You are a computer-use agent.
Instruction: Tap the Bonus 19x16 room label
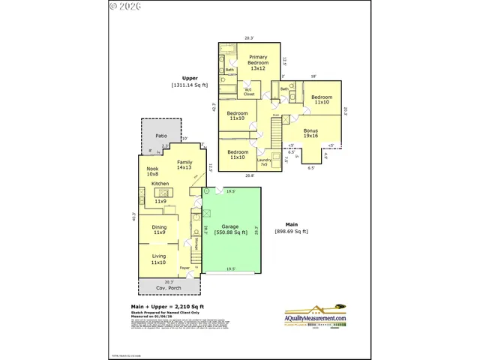(310, 133)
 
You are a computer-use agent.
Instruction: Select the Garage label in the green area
(229, 226)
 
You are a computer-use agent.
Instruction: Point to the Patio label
(160, 136)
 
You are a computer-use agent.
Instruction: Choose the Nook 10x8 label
(153, 171)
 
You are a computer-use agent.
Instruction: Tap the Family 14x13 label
(184, 165)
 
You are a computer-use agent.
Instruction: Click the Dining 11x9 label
(159, 229)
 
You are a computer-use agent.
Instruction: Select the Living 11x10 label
(158, 259)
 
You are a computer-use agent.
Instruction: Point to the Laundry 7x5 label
(263, 161)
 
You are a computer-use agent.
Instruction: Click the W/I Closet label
(249, 93)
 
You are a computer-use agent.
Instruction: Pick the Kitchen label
(160, 184)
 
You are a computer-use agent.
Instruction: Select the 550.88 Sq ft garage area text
(229, 232)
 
